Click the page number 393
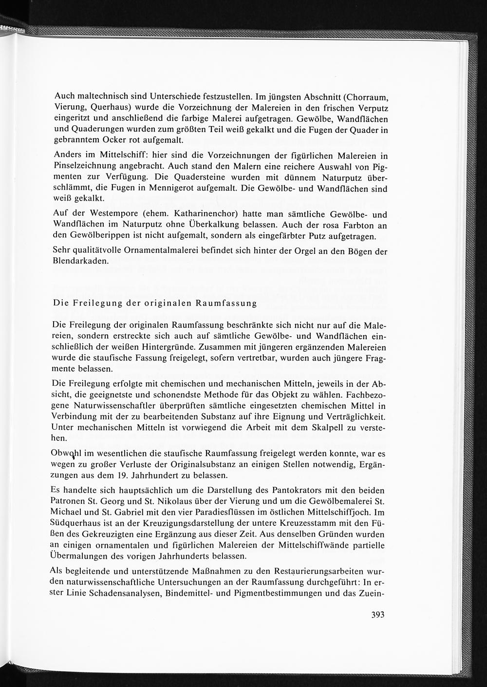[x=377, y=615]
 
